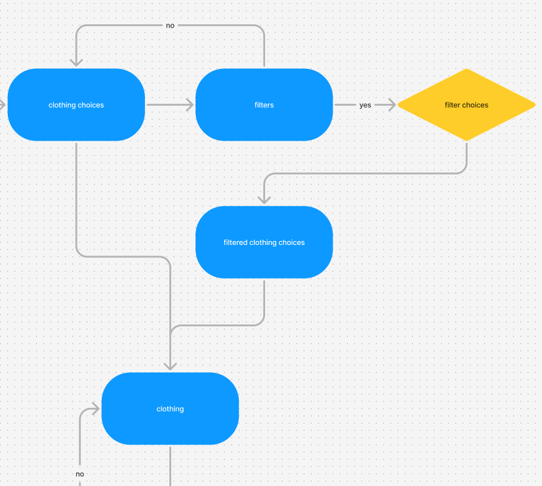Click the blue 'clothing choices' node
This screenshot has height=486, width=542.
coord(76,105)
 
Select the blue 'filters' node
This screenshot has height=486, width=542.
coord(264,105)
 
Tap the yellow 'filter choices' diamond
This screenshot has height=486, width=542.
coord(467,105)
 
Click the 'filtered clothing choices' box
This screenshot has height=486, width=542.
coord(264,242)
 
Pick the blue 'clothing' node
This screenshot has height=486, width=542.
coord(170,409)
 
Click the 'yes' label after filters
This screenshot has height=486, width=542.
coord(365,105)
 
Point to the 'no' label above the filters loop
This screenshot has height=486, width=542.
coord(170,26)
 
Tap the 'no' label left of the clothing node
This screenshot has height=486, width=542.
coord(79,474)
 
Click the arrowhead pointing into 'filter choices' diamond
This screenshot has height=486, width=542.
coord(392,105)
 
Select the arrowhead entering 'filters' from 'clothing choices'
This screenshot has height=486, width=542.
coord(190,104)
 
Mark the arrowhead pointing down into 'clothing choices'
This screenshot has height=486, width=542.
coord(76,62)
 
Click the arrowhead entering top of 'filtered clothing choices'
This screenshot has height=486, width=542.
coord(264,199)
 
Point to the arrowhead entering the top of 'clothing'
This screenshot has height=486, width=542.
coord(170,366)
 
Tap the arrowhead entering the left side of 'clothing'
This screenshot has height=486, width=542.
coord(95,409)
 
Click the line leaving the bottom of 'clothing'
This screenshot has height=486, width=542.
coord(170,466)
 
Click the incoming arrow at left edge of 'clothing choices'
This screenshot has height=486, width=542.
coord(3,104)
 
